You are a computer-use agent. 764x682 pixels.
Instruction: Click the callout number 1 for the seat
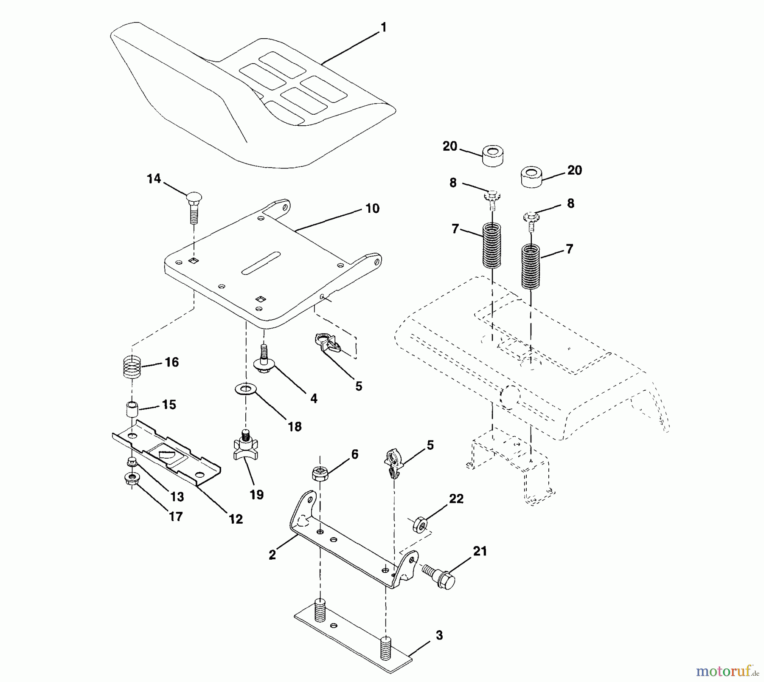tap(384, 28)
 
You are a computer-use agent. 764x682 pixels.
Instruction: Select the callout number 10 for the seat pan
tap(372, 209)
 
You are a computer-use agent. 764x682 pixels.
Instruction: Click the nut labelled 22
tap(420, 525)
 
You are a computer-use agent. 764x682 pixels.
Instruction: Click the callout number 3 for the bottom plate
tap(439, 636)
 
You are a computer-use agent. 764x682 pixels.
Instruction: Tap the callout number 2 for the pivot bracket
tap(272, 555)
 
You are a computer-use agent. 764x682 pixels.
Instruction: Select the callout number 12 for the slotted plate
tap(236, 519)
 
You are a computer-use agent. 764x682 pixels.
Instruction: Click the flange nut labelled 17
tap(131, 479)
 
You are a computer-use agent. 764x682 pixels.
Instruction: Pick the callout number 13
tap(177, 496)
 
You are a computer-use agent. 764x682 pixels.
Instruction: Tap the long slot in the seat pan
tap(261, 263)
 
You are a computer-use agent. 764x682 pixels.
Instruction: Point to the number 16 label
tap(171, 362)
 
